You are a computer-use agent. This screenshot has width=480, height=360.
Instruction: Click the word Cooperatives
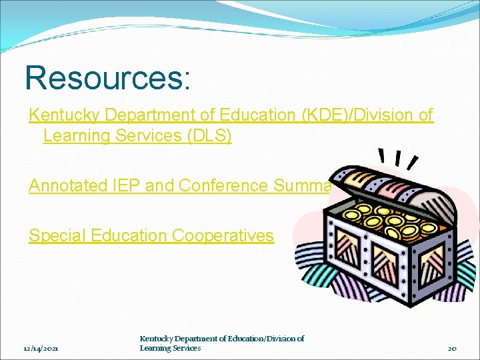click(223, 235)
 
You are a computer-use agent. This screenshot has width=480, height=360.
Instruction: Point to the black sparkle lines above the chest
click(398, 158)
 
